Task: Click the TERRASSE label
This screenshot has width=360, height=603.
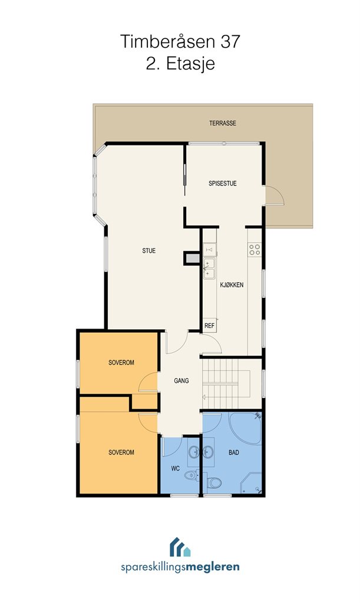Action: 223,124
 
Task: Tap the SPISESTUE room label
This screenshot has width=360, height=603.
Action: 223,184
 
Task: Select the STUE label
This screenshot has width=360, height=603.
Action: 149,251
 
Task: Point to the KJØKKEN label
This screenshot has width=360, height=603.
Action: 232,285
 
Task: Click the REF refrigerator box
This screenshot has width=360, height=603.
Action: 210,325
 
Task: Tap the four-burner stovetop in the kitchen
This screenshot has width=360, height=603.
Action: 255,250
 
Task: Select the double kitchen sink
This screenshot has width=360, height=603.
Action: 209,269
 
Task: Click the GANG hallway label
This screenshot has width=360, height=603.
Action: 181,381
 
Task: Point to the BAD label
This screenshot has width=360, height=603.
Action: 234,453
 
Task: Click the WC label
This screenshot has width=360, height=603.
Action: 176,468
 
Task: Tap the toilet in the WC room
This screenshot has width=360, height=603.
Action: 191,475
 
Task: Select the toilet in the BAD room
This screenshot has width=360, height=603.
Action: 214,483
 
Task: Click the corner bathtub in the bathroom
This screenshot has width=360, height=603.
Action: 245,427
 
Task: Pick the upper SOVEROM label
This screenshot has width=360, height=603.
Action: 121,363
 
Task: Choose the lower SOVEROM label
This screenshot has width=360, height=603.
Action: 121,453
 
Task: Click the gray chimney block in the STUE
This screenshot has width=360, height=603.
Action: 192,258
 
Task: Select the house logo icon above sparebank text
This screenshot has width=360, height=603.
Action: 180,547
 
